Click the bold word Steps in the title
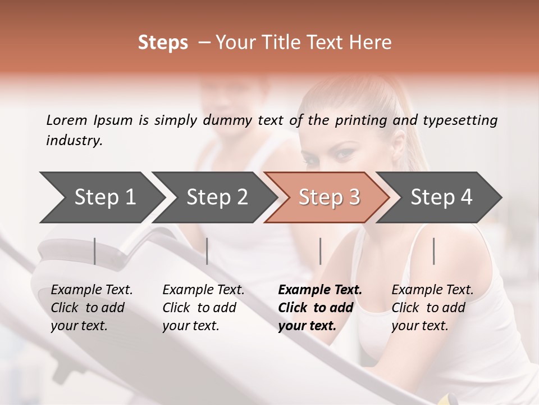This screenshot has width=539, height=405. [x=163, y=43]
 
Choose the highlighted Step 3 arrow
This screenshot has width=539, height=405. [x=329, y=197]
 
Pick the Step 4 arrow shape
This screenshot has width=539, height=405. [x=441, y=197]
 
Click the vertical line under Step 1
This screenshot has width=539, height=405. [x=95, y=251]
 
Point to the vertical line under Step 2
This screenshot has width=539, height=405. [x=207, y=251]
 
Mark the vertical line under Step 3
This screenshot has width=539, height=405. [x=320, y=251]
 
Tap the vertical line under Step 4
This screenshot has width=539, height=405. [x=434, y=251]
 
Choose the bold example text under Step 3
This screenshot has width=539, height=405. [x=319, y=308]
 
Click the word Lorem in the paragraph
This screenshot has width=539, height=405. [x=67, y=120]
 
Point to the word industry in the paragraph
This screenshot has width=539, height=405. [x=74, y=141]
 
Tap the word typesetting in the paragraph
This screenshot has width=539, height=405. [x=460, y=120]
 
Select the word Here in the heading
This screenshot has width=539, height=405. [x=371, y=43]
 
